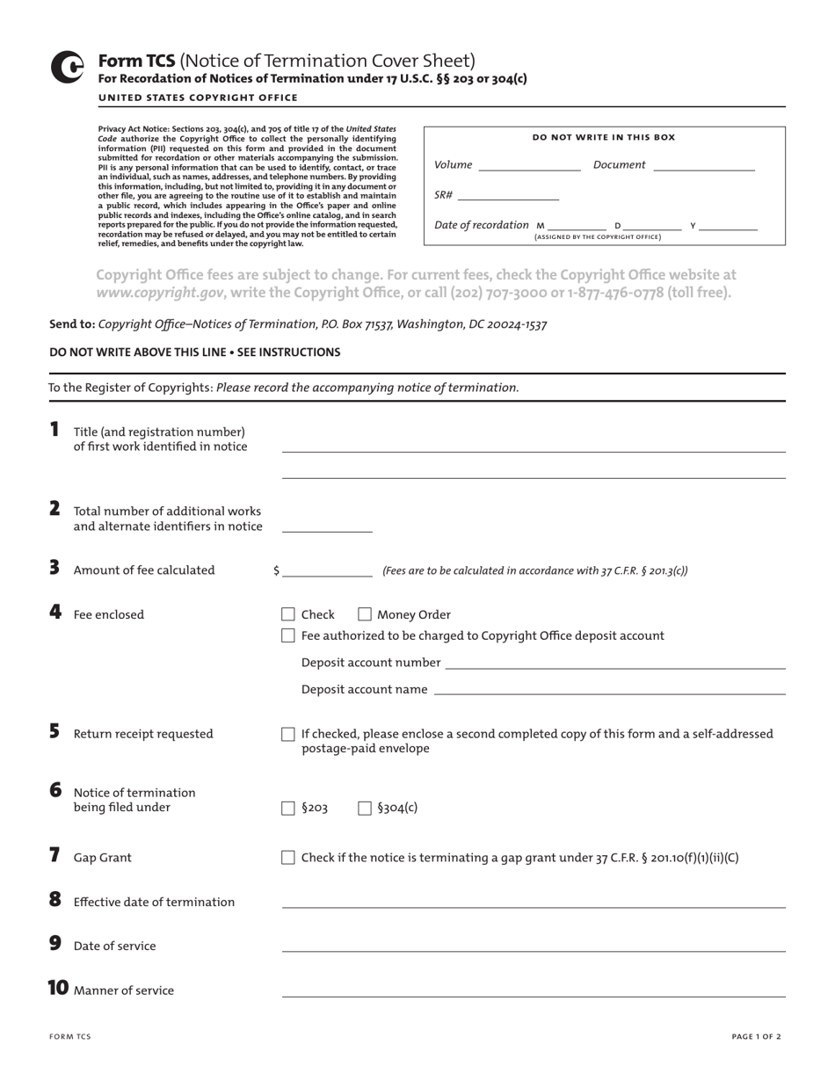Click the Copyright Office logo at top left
point(67,68)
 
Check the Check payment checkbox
point(287,614)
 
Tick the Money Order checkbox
point(365,614)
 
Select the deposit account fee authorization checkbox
point(287,635)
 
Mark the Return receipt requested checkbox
point(287,734)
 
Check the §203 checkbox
point(287,809)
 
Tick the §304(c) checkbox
point(365,809)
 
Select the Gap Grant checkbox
point(287,858)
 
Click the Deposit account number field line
point(615,663)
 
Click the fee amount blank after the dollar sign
point(328,570)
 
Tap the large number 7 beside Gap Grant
point(54,855)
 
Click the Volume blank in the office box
point(529,165)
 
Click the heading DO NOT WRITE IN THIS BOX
point(604,137)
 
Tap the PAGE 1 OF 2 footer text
point(756,1036)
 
